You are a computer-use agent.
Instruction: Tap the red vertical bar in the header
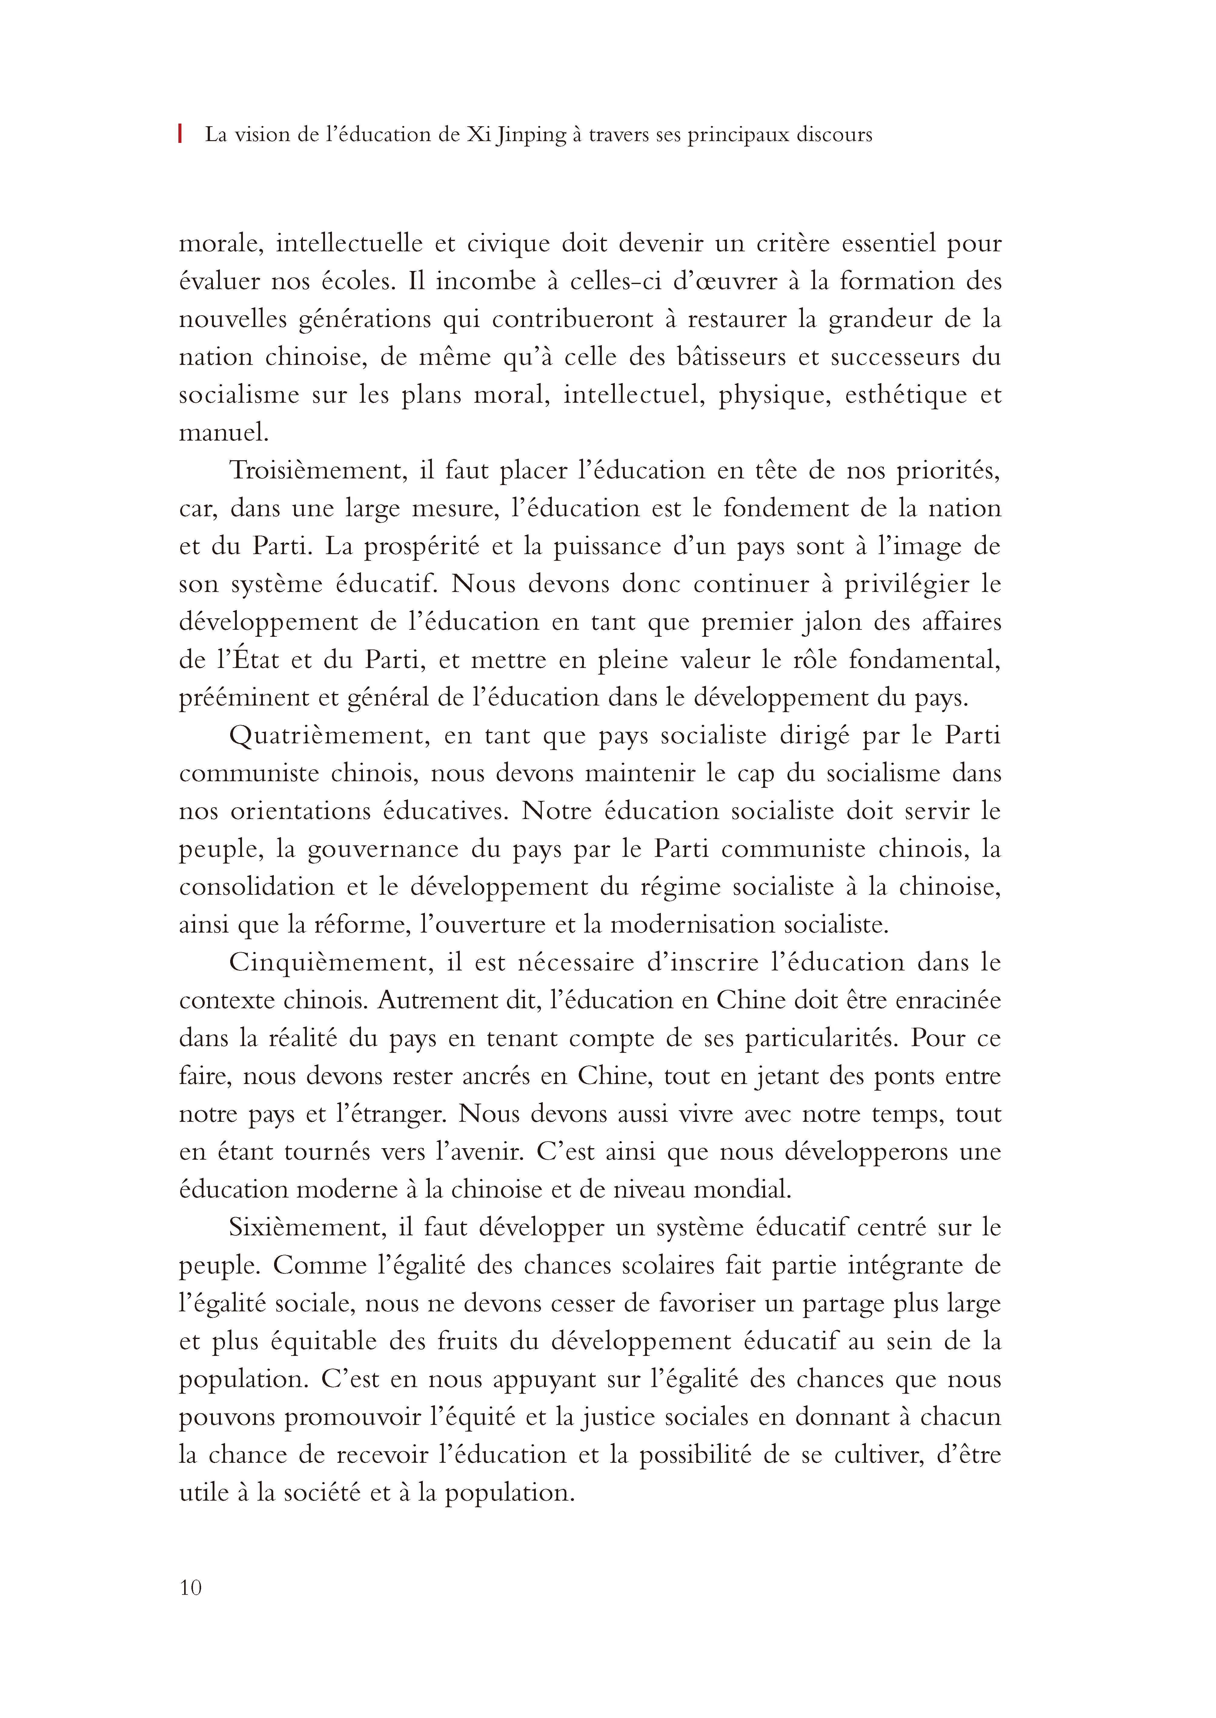tap(181, 135)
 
